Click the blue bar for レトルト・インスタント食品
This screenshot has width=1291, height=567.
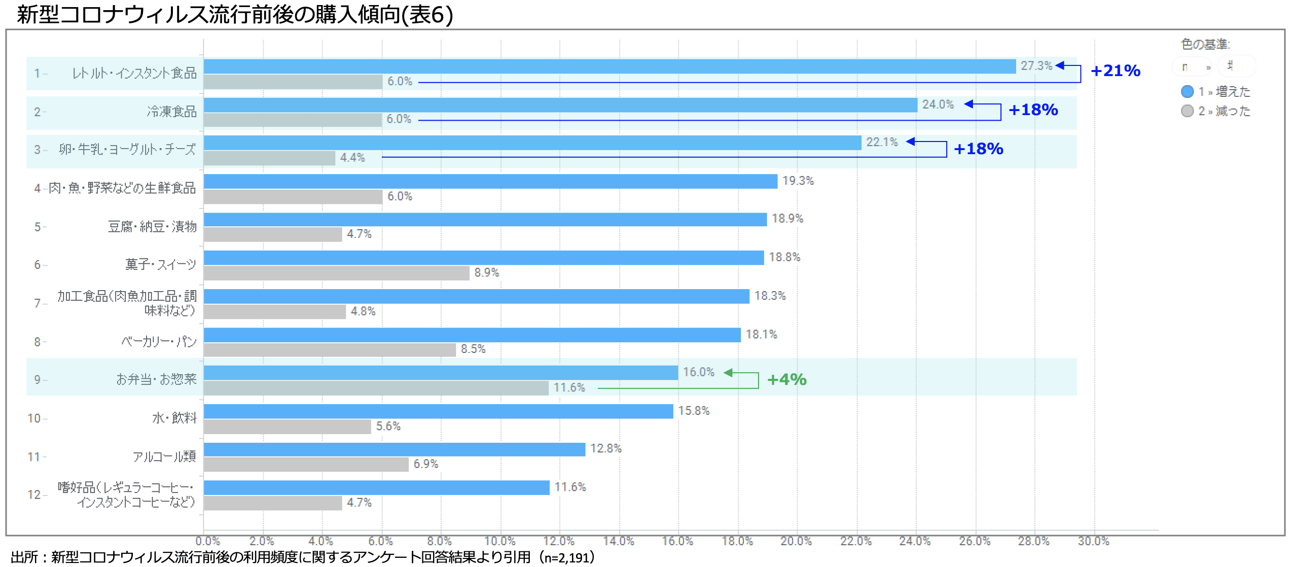tap(608, 66)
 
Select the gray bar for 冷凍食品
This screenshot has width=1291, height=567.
tap(293, 120)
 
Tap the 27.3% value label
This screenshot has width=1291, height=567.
tap(1036, 66)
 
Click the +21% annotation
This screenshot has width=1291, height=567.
tap(1115, 70)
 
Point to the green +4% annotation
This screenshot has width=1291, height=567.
tap(786, 379)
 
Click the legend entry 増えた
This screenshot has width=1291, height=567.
tap(1224, 92)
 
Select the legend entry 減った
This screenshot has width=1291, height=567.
tap(1224, 111)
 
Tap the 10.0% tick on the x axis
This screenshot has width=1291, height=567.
tap(500, 541)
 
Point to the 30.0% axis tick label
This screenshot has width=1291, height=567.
tap(1093, 541)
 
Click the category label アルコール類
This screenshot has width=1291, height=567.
tap(164, 456)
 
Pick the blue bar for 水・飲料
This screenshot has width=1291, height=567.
tap(438, 411)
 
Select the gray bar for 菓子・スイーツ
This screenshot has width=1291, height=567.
tap(336, 273)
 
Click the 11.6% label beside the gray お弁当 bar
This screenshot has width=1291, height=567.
tap(569, 387)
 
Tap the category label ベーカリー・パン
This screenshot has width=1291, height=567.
tap(159, 341)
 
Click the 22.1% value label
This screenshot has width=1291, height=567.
tap(882, 142)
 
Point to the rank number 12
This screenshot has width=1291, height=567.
tap(33, 494)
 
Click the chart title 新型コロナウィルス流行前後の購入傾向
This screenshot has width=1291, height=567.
tap(235, 14)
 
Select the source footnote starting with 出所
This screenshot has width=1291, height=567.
tap(302, 557)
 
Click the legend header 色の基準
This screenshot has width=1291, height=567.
tap(1205, 44)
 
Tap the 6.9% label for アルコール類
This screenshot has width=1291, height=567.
tap(425, 464)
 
